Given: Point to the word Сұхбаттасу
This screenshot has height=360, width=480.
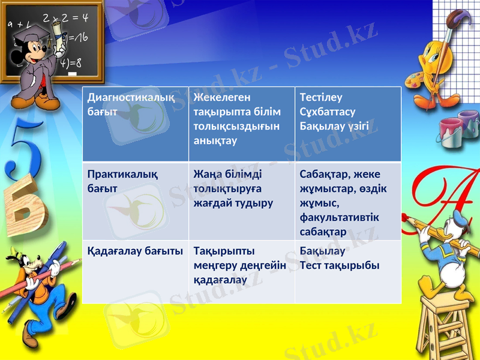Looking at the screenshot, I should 328,112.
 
